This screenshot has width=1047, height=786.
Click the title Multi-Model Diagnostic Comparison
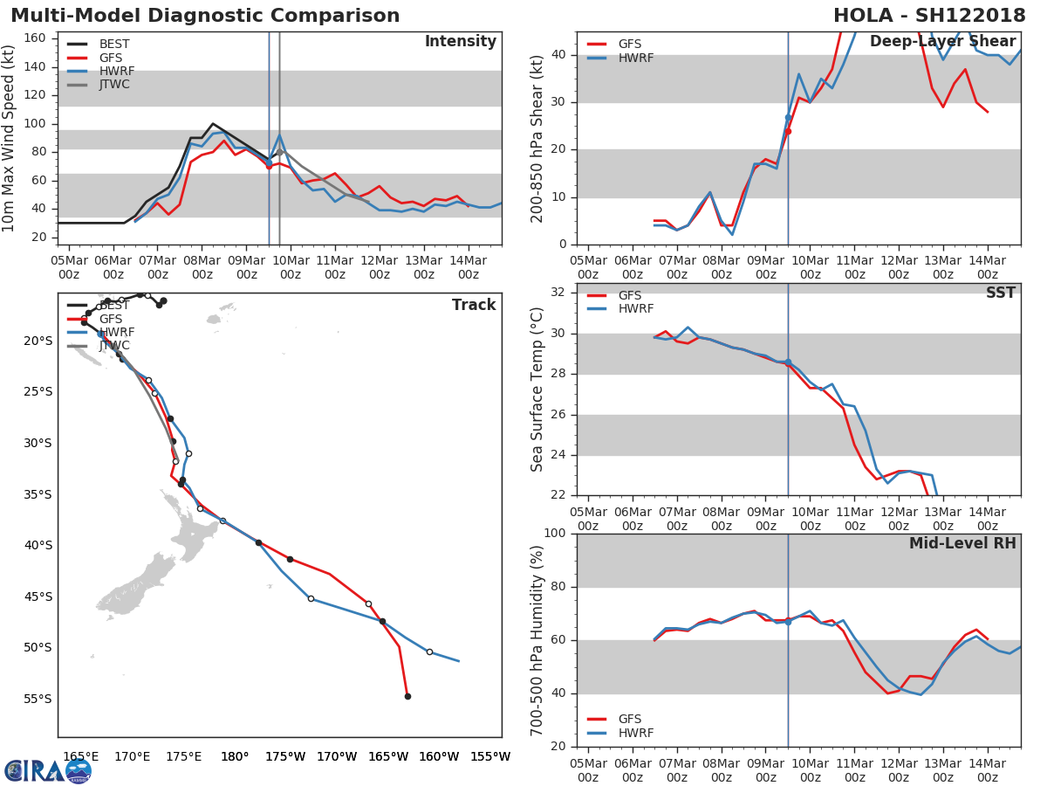205,16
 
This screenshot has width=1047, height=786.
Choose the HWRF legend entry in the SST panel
635,309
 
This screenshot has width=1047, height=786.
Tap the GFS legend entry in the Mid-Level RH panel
630,719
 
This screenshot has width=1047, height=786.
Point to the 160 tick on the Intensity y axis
40,38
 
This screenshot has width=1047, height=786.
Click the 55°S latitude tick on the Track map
38,699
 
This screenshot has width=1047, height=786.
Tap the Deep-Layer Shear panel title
942,42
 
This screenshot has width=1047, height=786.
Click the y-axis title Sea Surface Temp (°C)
537,389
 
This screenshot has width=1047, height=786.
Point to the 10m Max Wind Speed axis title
10,138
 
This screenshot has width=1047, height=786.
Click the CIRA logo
48,770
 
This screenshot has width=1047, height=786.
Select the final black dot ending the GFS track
407,696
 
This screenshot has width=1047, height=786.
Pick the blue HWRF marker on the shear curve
788,117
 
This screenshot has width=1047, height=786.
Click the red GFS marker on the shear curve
788,131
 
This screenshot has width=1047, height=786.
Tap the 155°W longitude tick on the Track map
490,756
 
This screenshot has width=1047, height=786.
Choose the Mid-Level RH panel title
962,543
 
